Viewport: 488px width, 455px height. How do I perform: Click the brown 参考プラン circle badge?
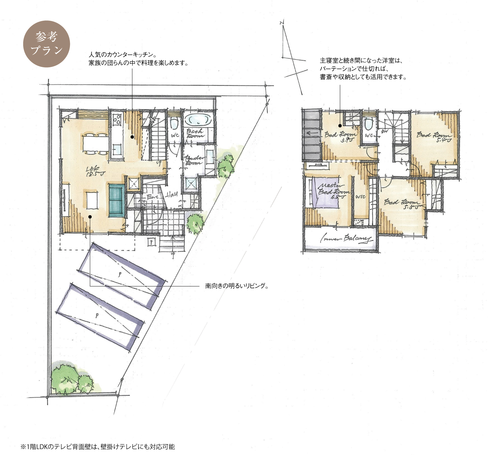46,44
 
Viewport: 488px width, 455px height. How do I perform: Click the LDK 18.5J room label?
91,171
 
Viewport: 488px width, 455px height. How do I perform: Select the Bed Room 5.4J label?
434,136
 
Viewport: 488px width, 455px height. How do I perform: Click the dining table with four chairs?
95,143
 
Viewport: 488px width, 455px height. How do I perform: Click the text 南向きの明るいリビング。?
236,286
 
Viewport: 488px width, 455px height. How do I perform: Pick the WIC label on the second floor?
360,197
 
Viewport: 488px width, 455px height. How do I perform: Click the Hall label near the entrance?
171,195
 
